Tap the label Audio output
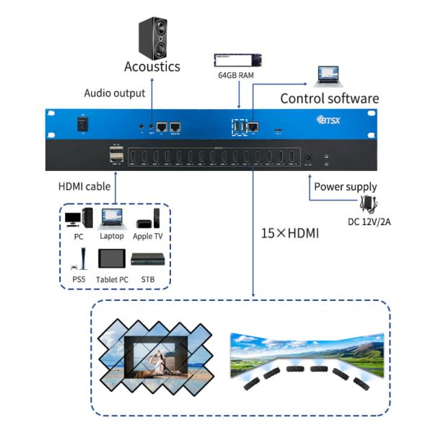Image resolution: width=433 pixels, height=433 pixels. (x=115, y=93)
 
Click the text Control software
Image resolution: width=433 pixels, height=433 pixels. (x=329, y=98)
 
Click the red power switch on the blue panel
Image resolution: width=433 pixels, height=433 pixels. (x=83, y=124)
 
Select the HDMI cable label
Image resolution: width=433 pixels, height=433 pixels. (x=84, y=187)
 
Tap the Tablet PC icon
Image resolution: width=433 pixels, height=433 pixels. (x=111, y=260)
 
